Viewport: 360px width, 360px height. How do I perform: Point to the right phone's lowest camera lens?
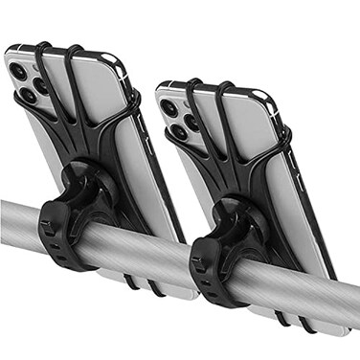pos(178,132)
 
